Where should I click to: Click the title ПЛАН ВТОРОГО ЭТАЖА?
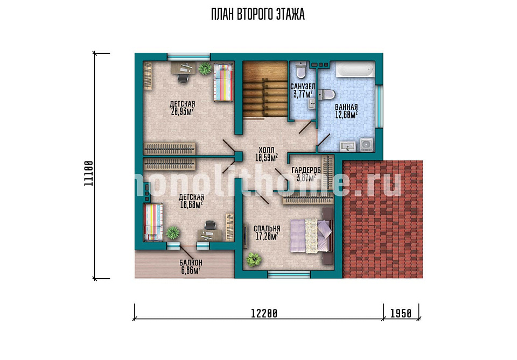(x=258, y=15)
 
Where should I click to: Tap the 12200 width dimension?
(x=264, y=313)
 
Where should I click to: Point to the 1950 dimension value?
(x=401, y=313)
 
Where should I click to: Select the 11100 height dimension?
(x=89, y=174)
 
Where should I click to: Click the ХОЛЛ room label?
(x=267, y=150)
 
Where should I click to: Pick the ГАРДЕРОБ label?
(x=306, y=170)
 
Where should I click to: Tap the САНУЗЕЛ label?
(x=303, y=87)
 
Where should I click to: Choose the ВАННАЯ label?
(x=346, y=107)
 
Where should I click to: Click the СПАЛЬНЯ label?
(x=267, y=229)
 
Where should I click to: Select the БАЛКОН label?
(x=191, y=263)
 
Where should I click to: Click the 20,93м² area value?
(x=183, y=111)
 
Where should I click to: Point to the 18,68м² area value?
(x=191, y=204)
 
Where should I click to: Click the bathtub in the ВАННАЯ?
(x=355, y=70)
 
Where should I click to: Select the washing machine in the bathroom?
(x=366, y=145)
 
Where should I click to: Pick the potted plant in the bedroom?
(x=254, y=259)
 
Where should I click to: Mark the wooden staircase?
(x=266, y=89)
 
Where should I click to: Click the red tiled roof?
(x=383, y=220)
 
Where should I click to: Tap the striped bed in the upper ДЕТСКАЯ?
(x=222, y=82)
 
